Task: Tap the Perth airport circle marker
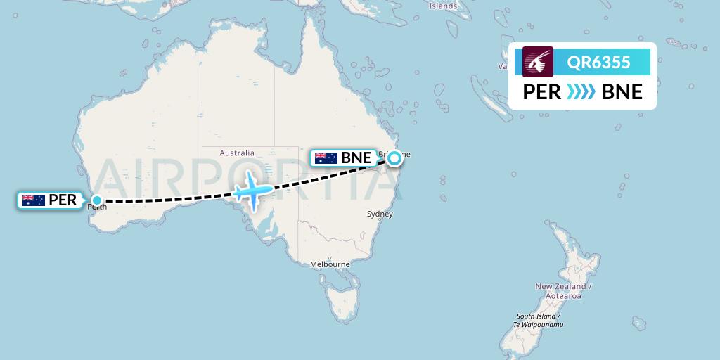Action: (x=97, y=200)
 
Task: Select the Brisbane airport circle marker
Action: (x=394, y=158)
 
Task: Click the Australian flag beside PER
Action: (x=34, y=200)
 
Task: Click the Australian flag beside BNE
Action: (x=326, y=158)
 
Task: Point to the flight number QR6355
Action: (x=598, y=62)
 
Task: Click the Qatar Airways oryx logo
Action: (x=538, y=61)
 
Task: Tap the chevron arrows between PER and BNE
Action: (x=581, y=92)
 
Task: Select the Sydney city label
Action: (x=380, y=214)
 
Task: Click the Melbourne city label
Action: (x=330, y=264)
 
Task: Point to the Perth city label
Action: (x=96, y=207)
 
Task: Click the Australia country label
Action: (x=236, y=153)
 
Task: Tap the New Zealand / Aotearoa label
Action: (x=564, y=291)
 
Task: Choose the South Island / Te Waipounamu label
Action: (x=539, y=320)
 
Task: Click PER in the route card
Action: (x=541, y=92)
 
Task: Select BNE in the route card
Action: (x=622, y=92)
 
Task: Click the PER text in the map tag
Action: (x=63, y=200)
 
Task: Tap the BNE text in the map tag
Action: (x=356, y=158)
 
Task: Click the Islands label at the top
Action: (x=442, y=6)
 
